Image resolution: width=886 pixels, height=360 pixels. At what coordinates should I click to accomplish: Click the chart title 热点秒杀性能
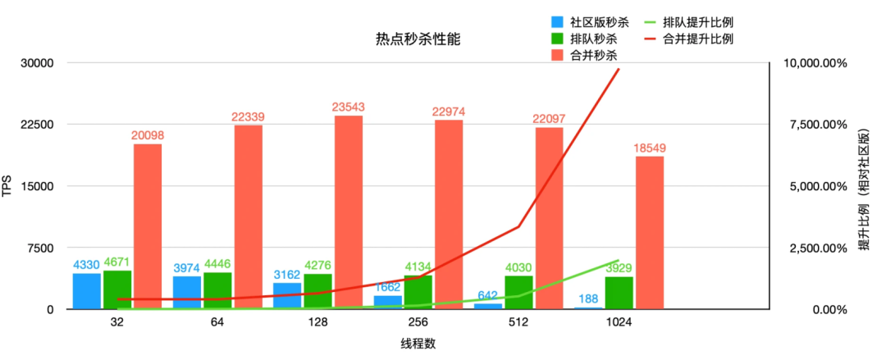413,39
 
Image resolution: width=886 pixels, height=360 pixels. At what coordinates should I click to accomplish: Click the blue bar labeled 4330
86,291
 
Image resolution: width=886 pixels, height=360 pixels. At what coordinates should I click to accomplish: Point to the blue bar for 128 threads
287,296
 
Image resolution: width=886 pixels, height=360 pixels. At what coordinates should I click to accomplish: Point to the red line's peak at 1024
619,70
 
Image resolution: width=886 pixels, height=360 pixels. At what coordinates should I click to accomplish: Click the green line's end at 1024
619,261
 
